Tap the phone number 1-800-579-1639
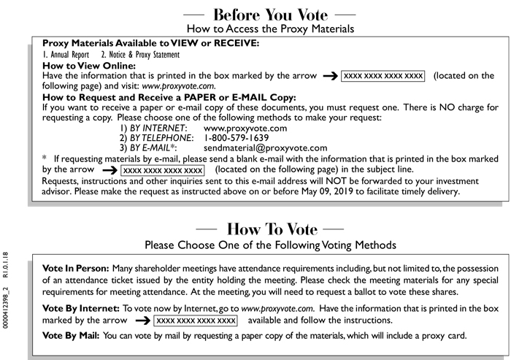point(237,137)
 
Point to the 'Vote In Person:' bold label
point(74,270)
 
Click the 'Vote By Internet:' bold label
point(80,310)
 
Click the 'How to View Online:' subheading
point(89,65)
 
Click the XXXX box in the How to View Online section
point(383,75)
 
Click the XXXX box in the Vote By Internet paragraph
point(196,321)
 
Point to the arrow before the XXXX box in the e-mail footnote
point(108,169)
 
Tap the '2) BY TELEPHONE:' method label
point(155,137)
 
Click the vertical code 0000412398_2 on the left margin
point(7,295)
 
